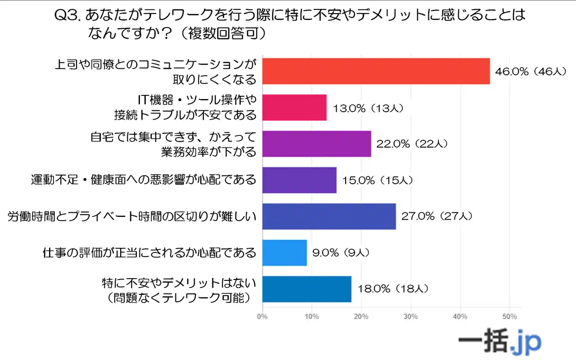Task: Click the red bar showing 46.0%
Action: click(x=376, y=71)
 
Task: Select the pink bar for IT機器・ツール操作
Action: click(x=294, y=108)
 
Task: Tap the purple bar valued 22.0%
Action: click(x=316, y=144)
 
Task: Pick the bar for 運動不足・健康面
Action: click(x=299, y=180)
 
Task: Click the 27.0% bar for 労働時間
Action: click(x=329, y=216)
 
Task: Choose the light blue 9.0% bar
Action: click(x=284, y=252)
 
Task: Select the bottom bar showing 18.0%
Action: click(x=306, y=289)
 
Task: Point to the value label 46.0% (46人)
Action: click(x=530, y=72)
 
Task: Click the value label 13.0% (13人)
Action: click(x=368, y=108)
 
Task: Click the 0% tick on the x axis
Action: click(x=262, y=316)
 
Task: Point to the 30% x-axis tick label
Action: click(x=411, y=316)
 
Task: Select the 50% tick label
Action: click(x=509, y=316)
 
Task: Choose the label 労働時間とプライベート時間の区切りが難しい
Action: click(x=132, y=216)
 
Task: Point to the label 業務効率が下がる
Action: click(x=208, y=152)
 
